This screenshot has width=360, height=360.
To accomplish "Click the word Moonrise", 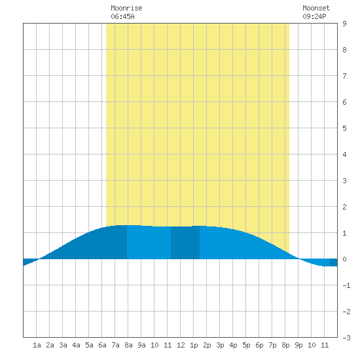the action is coord(126,8).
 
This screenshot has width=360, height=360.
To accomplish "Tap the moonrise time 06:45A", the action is coord(122,16).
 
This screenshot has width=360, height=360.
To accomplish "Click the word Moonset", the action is coord(316,8).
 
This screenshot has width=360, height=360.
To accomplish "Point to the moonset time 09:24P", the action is coord(314,16).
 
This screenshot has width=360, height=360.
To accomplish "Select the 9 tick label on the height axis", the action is coord(344,24).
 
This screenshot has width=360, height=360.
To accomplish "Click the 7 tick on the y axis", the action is coord(344,76).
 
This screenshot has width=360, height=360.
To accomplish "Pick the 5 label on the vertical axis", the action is coord(344,128).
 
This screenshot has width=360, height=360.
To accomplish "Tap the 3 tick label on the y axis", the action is coord(344,181).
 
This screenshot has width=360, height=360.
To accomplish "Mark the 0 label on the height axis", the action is coord(344,259).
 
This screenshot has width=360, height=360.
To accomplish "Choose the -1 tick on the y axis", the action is coord(346,285).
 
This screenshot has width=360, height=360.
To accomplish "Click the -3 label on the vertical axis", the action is coord(346,338).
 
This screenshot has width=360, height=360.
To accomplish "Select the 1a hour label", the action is coord(37,345).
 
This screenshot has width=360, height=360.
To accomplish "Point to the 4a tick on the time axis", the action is coord(76,345).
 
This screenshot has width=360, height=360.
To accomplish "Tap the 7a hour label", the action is coord(115,345).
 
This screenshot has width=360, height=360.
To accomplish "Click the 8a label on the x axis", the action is coord(128,345).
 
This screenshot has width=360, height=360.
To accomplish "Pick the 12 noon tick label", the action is coord(181,345).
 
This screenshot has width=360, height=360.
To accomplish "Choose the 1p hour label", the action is coord(194,345).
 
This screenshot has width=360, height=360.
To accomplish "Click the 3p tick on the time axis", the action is coord(220,345).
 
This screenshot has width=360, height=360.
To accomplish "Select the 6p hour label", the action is coord(259,345).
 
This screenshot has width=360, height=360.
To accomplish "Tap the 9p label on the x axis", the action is coord(298,345).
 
